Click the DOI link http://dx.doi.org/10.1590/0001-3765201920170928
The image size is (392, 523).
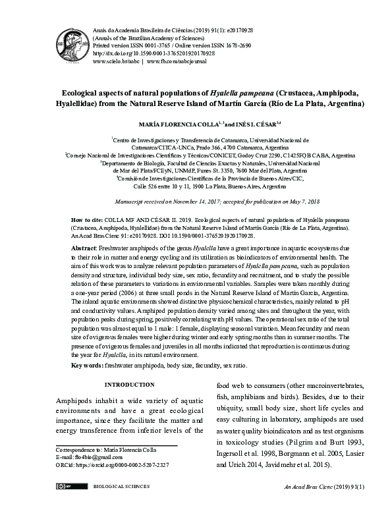(x=150, y=52)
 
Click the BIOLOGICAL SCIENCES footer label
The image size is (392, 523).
(x=122, y=487)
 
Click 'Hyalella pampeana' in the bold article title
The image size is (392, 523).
(x=238, y=93)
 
